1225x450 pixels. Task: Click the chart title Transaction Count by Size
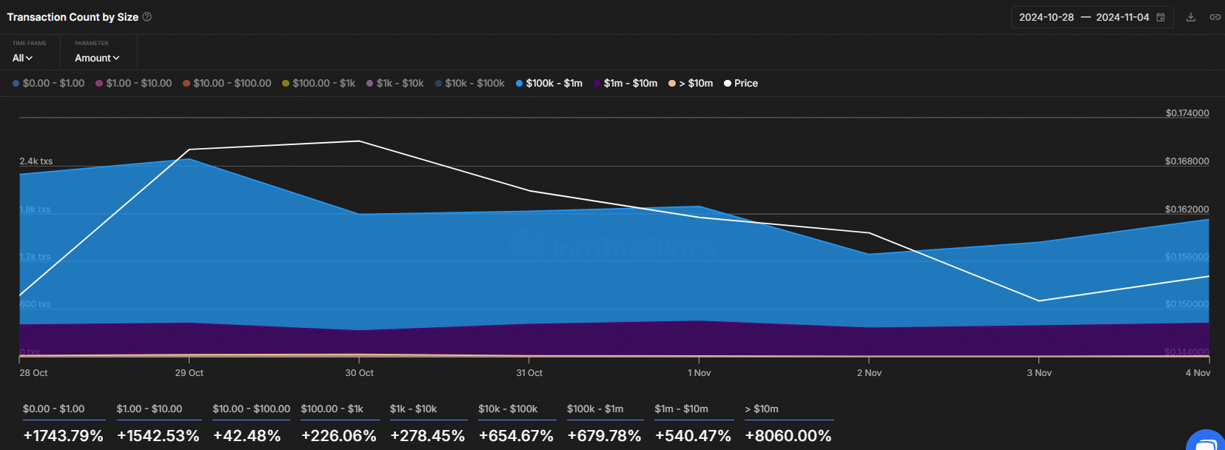[73, 17]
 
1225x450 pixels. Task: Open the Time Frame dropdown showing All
[22, 58]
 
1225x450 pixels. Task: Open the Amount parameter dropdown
[97, 58]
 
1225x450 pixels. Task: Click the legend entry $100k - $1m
[553, 84]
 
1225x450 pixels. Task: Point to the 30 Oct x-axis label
[359, 373]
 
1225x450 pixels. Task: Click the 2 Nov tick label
[869, 373]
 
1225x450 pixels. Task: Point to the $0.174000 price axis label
[1187, 113]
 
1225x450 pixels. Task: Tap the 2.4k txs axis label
[36, 161]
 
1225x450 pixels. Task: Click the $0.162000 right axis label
[1187, 209]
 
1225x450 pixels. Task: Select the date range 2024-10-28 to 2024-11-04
[1084, 17]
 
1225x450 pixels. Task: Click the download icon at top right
[1191, 17]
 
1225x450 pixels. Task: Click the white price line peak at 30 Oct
[359, 141]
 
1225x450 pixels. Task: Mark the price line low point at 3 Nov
[1039, 300]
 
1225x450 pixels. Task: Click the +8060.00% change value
[788, 436]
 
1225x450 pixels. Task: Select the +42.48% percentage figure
[247, 436]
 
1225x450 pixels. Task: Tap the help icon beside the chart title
[147, 17]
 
